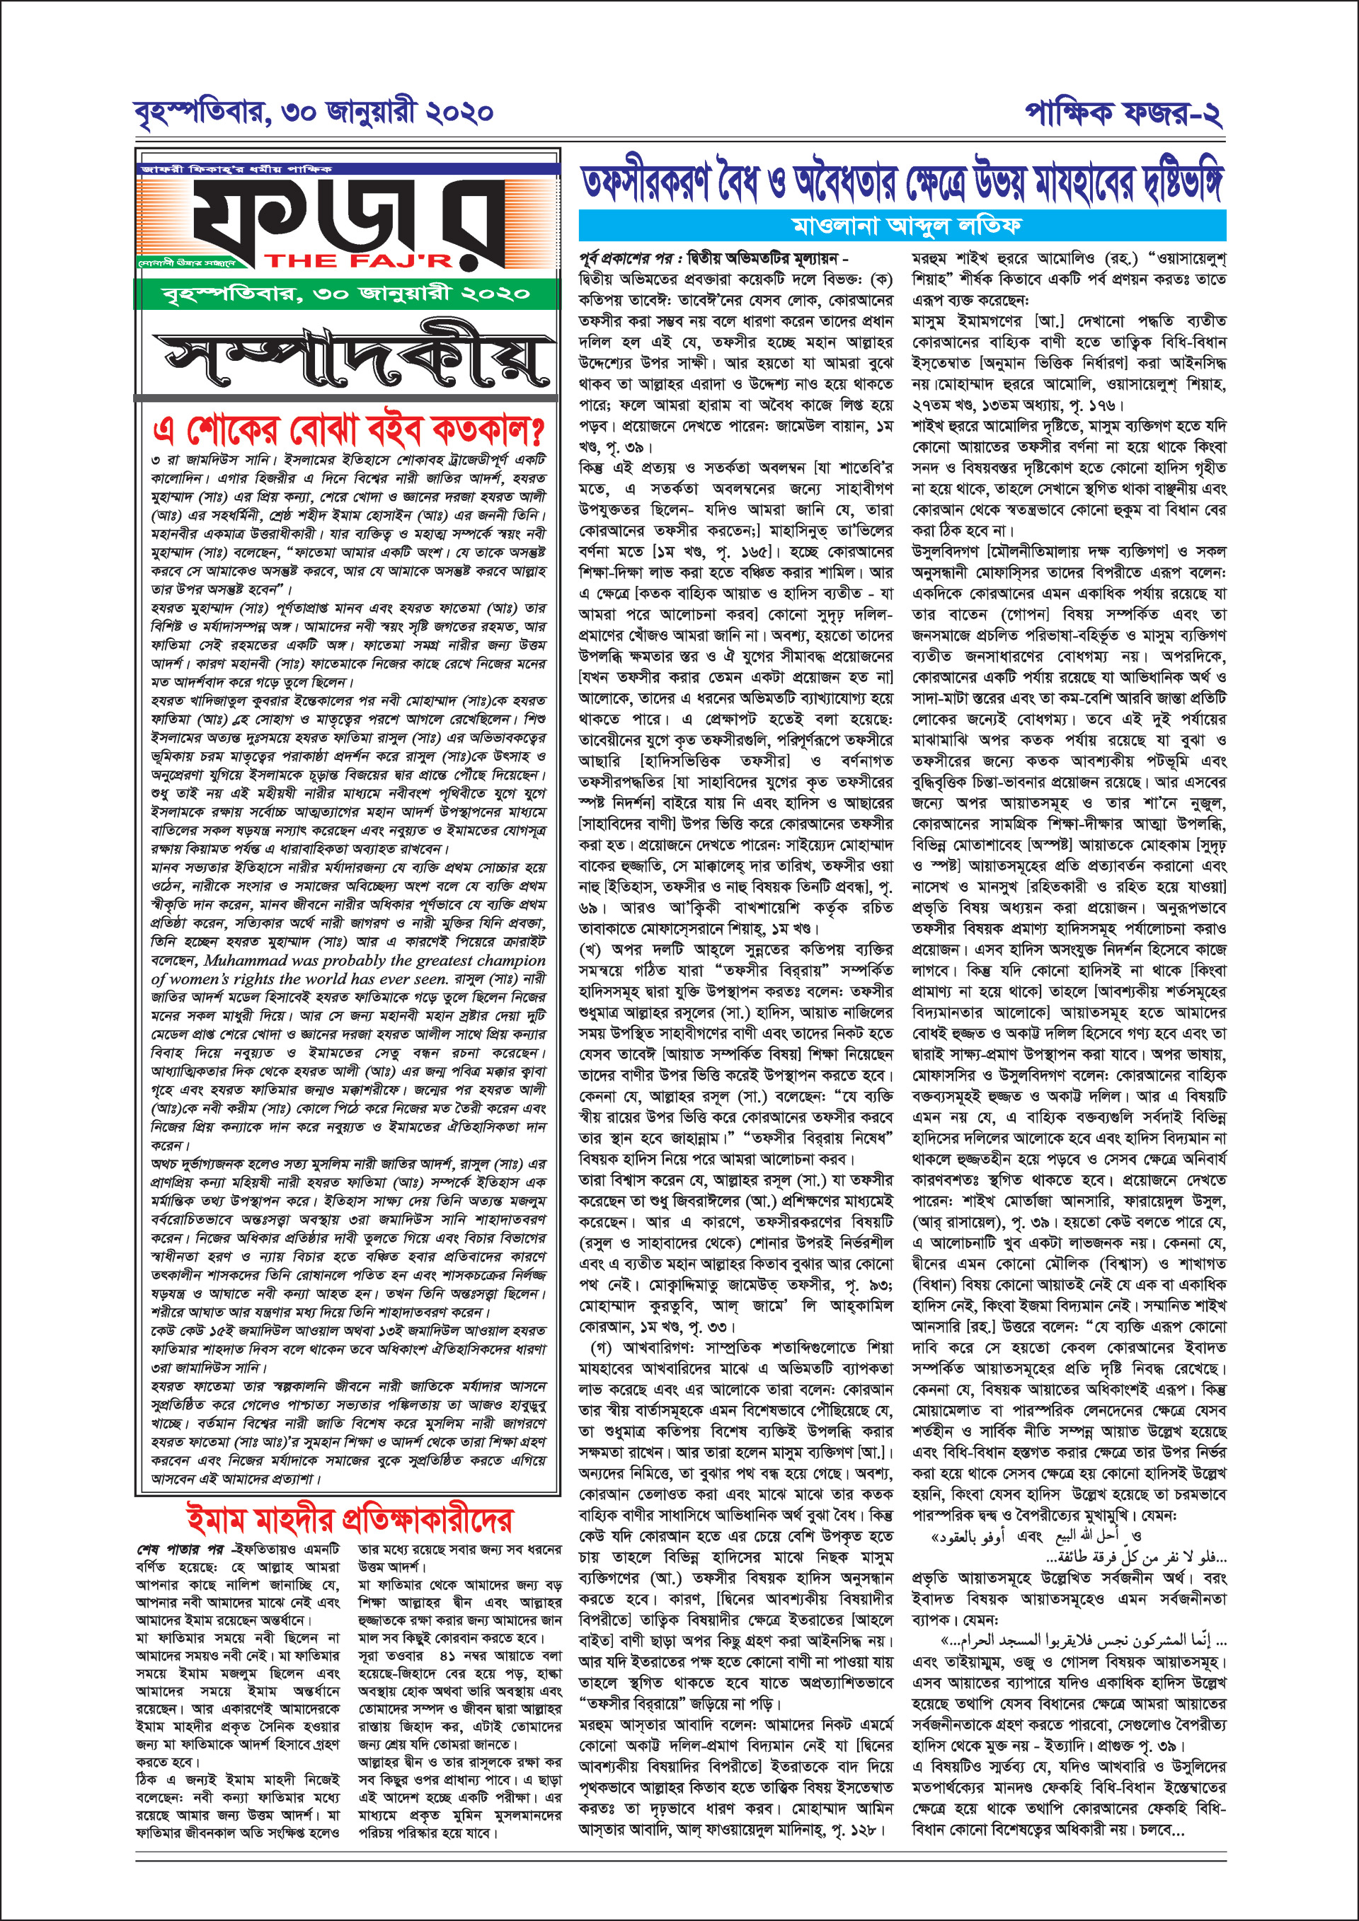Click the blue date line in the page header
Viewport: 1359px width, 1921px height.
pyautogui.click(x=313, y=112)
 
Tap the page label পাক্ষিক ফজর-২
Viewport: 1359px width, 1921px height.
pyautogui.click(x=1123, y=112)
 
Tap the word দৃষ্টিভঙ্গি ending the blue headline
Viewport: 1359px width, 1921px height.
pyautogui.click(x=1170, y=183)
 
